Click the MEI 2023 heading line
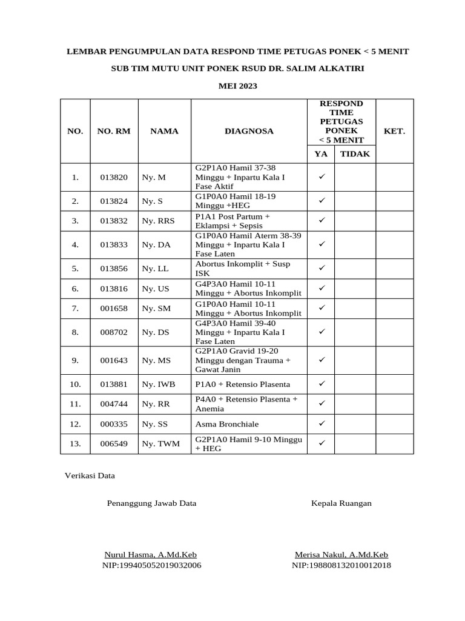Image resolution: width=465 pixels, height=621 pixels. (237, 86)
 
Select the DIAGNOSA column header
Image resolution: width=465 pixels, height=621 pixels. (249, 131)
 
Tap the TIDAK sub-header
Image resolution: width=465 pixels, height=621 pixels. (355, 154)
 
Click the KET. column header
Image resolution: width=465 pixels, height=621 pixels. (394, 131)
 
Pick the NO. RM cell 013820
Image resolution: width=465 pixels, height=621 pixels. (114, 178)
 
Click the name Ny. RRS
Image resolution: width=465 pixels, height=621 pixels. (158, 221)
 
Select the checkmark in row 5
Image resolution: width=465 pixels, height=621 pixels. (322, 267)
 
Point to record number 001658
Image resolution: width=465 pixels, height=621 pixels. (114, 309)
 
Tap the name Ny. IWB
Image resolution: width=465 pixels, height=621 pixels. (159, 384)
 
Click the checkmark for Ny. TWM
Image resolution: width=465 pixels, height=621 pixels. (322, 443)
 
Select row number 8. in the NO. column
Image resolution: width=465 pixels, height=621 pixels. (75, 332)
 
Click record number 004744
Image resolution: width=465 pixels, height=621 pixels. (114, 404)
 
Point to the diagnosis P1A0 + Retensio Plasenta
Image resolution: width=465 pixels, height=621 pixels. (242, 384)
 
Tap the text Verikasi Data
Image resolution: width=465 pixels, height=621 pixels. (90, 476)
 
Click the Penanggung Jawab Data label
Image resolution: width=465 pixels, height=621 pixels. (151, 503)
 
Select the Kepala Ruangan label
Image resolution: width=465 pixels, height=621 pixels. (341, 503)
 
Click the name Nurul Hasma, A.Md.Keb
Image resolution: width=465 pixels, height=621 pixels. (151, 555)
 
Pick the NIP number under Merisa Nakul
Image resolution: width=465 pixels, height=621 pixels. (341, 566)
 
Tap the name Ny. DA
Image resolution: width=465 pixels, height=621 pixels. (156, 245)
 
